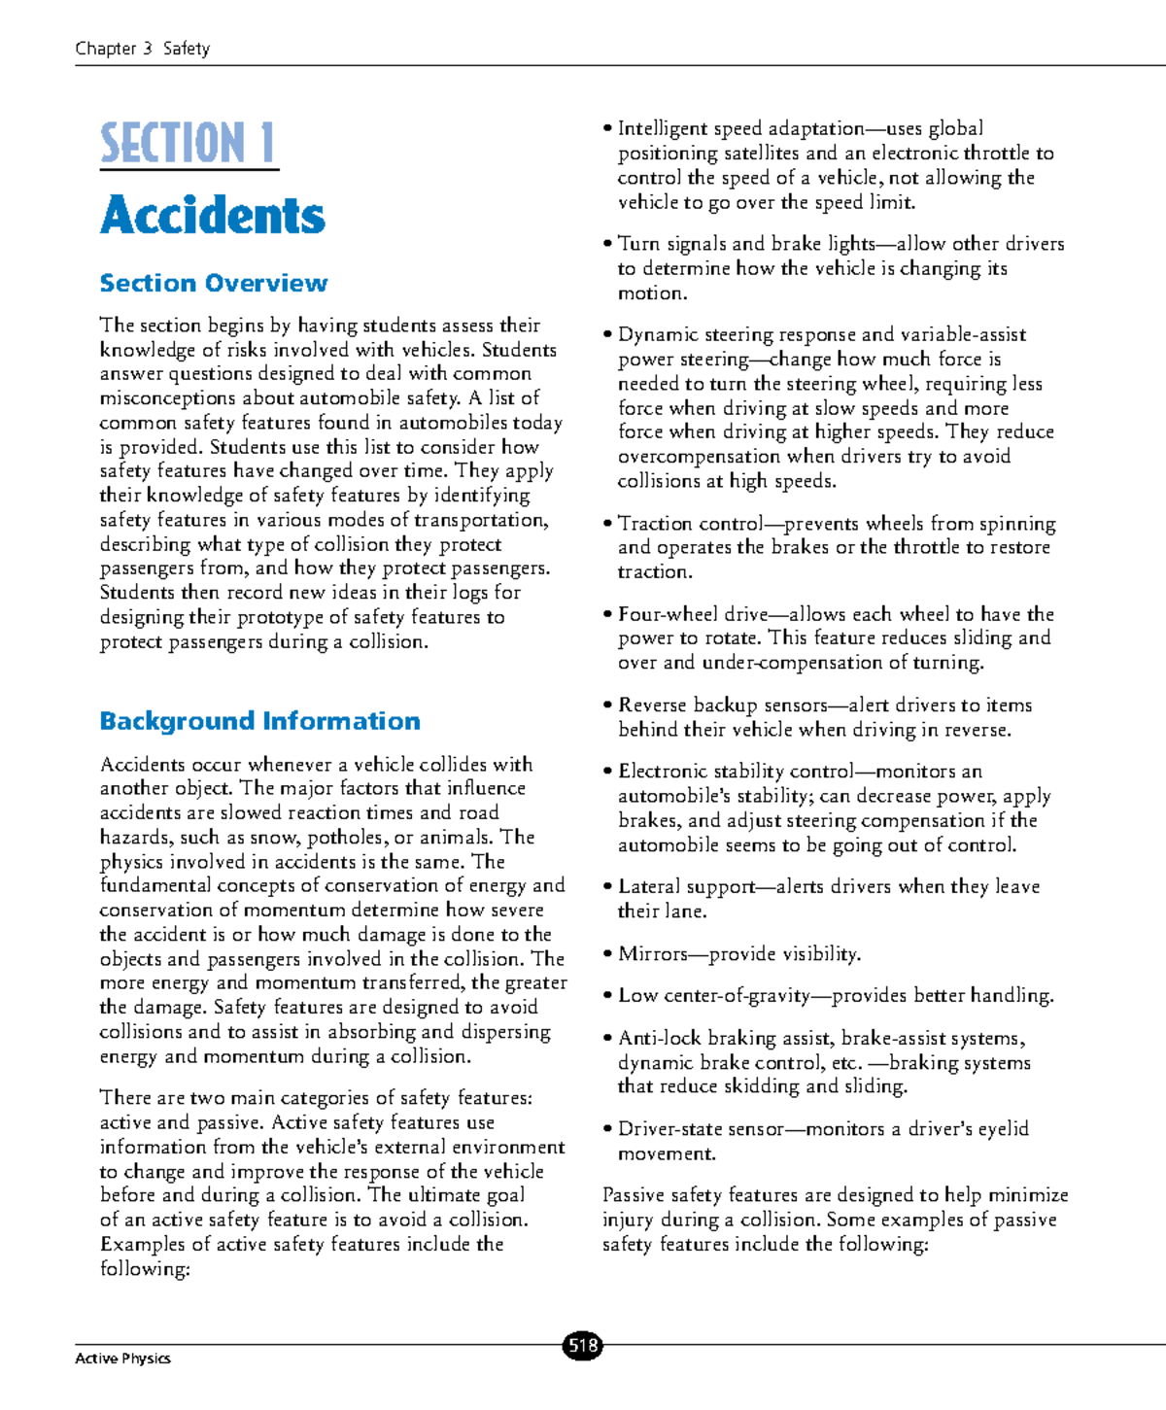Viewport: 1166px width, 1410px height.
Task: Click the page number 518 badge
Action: coord(582,1346)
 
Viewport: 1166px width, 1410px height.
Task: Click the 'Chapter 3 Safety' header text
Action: coord(142,49)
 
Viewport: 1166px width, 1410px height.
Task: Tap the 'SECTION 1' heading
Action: coord(188,144)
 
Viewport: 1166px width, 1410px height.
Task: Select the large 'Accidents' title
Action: coord(213,215)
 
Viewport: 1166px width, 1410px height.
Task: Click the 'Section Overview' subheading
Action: coord(213,283)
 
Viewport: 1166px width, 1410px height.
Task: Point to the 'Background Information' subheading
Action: coord(259,721)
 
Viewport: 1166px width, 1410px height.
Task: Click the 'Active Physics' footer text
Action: coord(122,1358)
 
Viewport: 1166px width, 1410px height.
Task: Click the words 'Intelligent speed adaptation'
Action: coord(740,129)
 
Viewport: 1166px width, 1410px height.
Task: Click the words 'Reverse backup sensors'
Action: coord(723,705)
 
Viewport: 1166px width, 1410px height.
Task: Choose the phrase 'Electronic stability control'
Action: coord(736,772)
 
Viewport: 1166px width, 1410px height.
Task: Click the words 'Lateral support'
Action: coord(686,886)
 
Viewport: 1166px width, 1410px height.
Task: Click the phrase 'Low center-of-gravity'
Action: coord(713,996)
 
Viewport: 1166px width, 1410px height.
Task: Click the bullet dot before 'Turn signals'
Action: coord(607,244)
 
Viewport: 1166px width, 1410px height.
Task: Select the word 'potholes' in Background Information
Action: coord(349,838)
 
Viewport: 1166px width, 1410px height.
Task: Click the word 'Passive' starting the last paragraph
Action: coord(634,1195)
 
